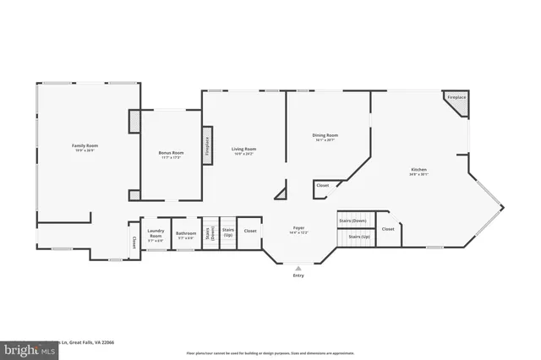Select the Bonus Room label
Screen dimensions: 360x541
171,155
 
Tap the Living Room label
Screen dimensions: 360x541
244,151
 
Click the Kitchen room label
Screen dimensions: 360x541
419,172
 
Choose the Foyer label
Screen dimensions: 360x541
298,230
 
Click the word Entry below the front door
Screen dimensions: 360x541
298,275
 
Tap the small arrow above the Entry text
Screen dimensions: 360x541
298,266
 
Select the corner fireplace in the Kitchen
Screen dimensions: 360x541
456,100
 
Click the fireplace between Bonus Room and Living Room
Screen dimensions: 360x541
205,145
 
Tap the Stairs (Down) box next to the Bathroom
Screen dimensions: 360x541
210,234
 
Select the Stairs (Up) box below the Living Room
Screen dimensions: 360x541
227,232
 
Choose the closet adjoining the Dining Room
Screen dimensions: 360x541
322,186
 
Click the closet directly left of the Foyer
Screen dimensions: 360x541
250,231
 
